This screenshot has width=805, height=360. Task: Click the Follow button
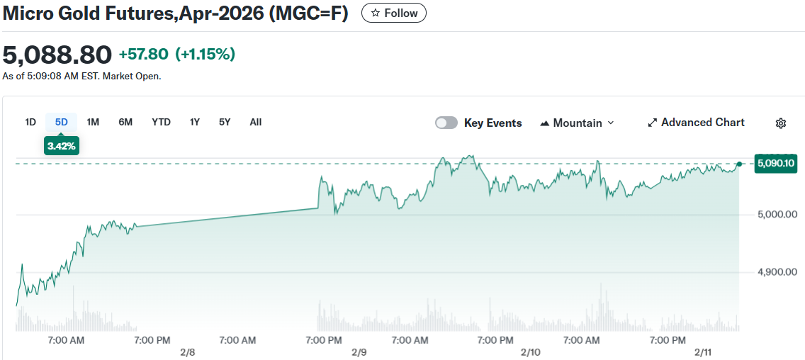(x=394, y=13)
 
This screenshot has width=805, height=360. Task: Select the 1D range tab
(x=30, y=122)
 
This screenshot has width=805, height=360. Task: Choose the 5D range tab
(x=62, y=122)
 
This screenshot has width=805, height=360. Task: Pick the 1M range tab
(x=93, y=122)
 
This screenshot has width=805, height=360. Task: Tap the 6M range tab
(x=125, y=122)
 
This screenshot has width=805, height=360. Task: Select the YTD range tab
(x=161, y=122)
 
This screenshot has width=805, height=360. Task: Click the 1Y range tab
(x=195, y=122)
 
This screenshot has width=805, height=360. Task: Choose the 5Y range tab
(x=225, y=122)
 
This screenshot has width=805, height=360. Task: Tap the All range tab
(x=256, y=122)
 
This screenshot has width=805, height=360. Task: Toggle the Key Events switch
(x=446, y=123)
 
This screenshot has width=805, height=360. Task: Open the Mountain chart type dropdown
(x=577, y=123)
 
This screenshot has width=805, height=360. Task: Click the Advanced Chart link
(x=696, y=123)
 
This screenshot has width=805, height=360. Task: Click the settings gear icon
(x=781, y=123)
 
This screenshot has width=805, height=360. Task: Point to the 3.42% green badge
(x=62, y=146)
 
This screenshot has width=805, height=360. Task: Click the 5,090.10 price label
(x=776, y=164)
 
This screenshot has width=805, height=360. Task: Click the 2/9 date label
(x=359, y=352)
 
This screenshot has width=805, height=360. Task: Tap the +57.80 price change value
(x=144, y=54)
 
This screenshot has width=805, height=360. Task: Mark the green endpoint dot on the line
(x=739, y=164)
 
